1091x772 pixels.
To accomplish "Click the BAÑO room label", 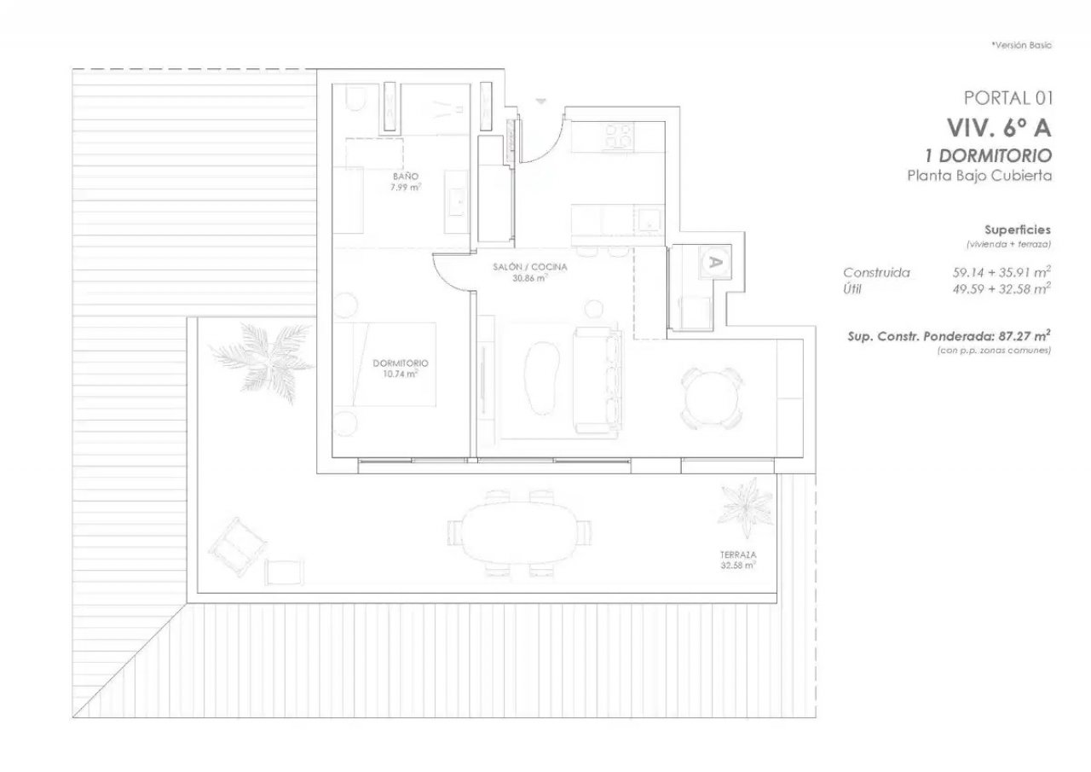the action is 406,177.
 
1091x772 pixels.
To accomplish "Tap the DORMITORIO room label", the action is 401,363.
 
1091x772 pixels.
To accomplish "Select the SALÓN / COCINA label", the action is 530,267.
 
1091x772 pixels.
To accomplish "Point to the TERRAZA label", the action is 738,554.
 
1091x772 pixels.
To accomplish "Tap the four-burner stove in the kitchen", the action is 619,135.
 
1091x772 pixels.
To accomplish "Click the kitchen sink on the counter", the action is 649,220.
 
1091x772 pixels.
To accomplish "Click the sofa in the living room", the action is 597,380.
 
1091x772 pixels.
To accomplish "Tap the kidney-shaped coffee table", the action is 540,378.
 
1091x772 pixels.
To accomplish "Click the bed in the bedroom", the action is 384,364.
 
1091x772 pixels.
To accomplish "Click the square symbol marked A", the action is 715,262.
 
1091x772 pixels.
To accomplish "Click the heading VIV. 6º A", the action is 999,128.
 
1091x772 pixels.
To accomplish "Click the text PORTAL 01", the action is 1008,98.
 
